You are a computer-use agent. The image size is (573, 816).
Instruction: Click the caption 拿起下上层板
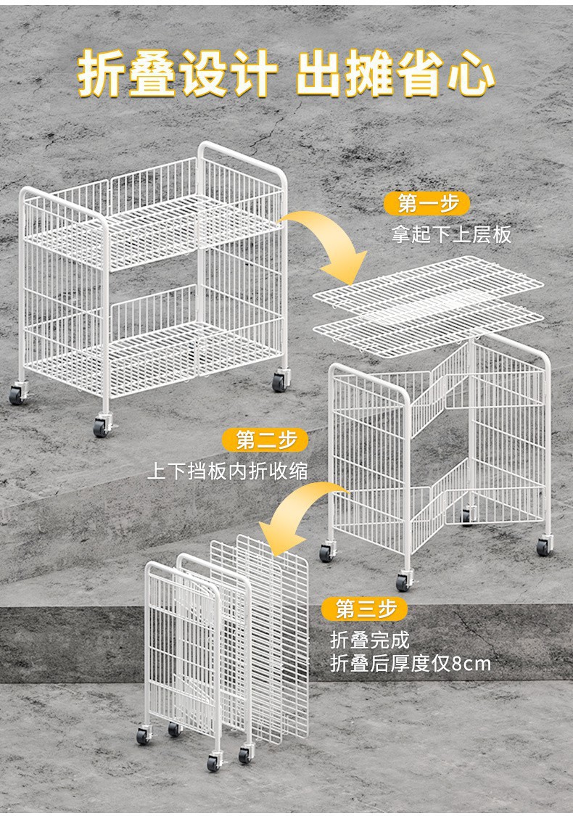(x=451, y=234)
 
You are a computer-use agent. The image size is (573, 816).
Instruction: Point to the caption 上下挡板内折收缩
(x=228, y=471)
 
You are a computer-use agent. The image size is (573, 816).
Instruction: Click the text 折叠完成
(x=370, y=640)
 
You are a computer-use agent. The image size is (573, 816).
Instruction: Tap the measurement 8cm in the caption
(x=471, y=663)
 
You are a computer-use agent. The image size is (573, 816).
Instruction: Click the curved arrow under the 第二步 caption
(x=297, y=519)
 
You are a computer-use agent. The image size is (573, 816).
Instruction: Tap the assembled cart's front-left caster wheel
(x=101, y=428)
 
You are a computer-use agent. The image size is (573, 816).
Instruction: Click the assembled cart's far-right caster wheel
(x=279, y=381)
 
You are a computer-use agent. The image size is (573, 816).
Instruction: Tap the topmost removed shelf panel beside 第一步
(x=428, y=283)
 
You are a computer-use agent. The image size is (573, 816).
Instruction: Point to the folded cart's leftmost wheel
(x=143, y=735)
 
